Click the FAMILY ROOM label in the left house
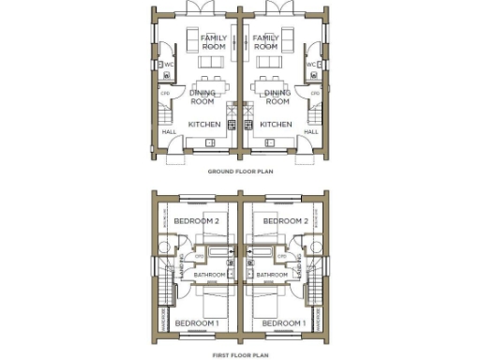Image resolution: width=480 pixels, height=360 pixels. pos(213,41)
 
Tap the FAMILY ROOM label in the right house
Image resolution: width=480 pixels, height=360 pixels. pos(266,41)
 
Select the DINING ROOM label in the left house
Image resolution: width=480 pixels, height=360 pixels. pos(203,97)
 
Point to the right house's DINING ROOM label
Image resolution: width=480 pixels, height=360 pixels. pos(277,97)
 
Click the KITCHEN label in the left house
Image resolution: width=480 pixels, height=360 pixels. pos(203,124)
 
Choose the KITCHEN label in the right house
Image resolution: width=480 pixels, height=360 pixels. pos(276,124)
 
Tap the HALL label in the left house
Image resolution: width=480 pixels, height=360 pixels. pos(169,132)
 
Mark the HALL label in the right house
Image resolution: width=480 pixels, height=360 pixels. pos(311,132)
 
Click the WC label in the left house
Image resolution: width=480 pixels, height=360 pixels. pos(169,65)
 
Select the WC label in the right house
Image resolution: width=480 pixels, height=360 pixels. pos(309,65)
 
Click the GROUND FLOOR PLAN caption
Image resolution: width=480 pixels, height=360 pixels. pos(239,172)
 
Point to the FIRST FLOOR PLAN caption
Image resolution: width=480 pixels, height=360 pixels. pos(239,355)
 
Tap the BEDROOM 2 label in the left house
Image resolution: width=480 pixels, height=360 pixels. pos(196,221)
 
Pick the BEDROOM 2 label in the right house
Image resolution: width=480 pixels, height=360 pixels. pos(285,221)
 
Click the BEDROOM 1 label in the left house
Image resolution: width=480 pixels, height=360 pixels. pos(196,323)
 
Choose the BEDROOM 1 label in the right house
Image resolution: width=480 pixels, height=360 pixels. pos(285,323)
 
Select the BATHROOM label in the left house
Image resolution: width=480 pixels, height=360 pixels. pos(209,275)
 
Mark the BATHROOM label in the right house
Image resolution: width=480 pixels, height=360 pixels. pos(272,275)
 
